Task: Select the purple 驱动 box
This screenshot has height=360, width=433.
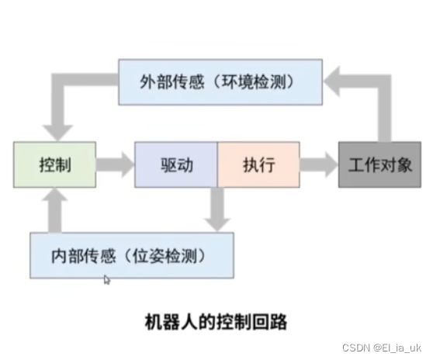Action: [175, 164]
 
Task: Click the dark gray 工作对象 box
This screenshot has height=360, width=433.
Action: [380, 164]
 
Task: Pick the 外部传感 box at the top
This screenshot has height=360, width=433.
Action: [220, 81]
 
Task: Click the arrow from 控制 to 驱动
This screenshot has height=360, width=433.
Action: [115, 164]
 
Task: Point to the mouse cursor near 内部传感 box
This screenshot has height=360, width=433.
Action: [107, 279]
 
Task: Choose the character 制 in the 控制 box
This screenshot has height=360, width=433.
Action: [64, 164]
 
